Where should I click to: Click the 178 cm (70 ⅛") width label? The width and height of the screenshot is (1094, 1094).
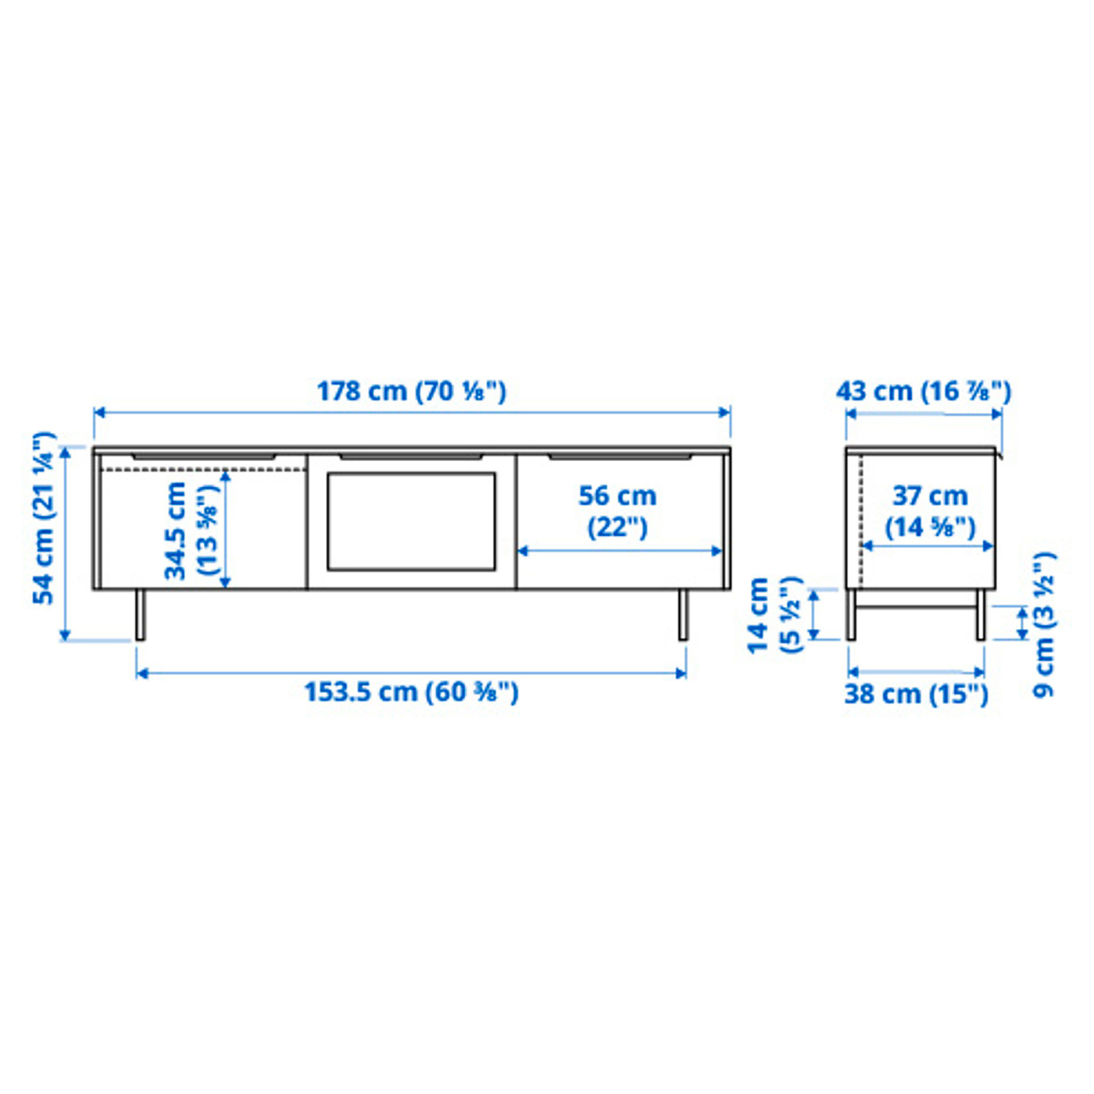[411, 391]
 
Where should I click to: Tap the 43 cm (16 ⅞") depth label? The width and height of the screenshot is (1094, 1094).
[924, 391]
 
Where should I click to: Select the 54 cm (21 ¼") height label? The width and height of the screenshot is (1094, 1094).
[45, 518]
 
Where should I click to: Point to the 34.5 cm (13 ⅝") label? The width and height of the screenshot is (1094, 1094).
[191, 531]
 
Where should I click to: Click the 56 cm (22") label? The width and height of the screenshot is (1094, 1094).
[617, 512]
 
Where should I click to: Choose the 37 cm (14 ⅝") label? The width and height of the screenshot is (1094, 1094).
[930, 512]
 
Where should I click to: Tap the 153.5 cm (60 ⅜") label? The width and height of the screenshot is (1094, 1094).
[412, 692]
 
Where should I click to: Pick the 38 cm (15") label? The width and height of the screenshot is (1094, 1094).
[916, 694]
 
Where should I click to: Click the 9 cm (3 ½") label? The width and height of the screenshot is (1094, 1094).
[1043, 624]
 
